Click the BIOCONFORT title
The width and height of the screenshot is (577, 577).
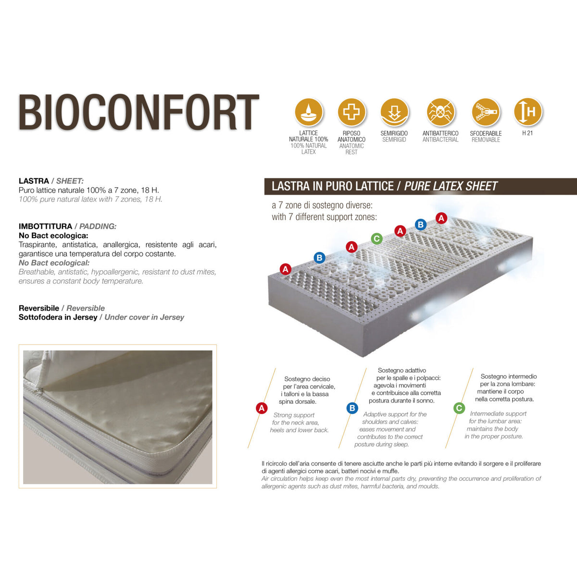point(138,113)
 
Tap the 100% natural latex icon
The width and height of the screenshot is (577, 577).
point(309,112)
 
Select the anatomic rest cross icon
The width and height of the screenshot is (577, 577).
point(351,112)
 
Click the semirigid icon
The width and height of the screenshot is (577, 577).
point(394,112)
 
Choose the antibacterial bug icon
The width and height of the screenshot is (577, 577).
point(440,112)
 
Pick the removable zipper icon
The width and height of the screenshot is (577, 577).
point(486,112)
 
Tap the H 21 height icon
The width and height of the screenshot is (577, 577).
point(527,112)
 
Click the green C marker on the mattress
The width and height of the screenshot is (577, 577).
point(376,238)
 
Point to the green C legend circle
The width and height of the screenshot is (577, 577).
point(459,408)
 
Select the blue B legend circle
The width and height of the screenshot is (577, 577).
point(352,408)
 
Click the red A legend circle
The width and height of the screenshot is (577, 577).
point(262,408)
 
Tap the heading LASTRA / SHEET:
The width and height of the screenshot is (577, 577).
point(51,181)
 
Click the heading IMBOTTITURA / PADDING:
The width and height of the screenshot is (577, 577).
point(67,226)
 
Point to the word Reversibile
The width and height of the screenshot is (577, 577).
point(39,308)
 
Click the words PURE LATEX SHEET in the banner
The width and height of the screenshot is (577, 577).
point(451,187)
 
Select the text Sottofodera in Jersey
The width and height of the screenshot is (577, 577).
point(58,317)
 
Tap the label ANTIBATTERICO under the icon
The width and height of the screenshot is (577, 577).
point(440,133)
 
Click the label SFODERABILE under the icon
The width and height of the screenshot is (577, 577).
point(486,133)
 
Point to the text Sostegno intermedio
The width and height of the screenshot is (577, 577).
point(508,376)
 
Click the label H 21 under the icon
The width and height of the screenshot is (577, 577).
point(527,133)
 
